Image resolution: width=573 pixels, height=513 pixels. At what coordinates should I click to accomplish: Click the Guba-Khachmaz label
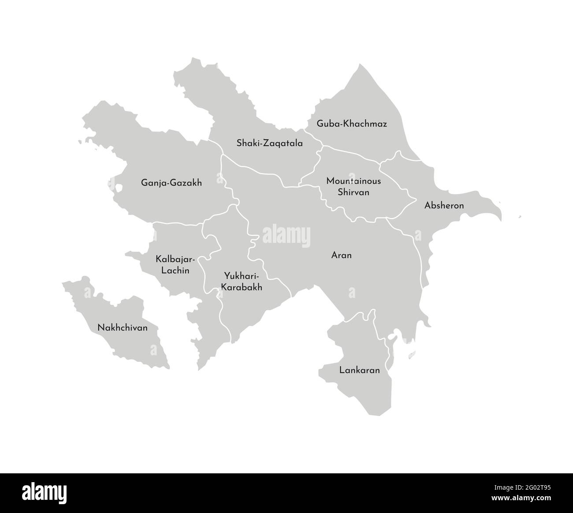coord(352,124)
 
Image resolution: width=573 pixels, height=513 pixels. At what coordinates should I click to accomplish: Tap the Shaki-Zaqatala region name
coord(269,143)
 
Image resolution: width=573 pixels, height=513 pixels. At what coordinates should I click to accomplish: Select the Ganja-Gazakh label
coord(171,182)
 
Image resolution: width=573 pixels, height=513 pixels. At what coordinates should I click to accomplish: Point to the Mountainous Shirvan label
coord(353,186)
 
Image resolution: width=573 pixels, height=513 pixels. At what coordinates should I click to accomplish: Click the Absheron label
coord(444,205)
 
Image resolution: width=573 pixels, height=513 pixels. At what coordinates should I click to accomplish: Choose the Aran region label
coord(341,255)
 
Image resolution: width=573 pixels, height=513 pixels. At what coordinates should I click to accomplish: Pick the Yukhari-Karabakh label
coord(242,282)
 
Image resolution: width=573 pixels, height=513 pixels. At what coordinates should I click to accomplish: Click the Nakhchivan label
coord(123,328)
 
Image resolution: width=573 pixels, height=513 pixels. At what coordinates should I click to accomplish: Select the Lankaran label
coord(359,370)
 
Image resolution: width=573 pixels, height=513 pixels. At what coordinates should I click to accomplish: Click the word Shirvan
coord(353,192)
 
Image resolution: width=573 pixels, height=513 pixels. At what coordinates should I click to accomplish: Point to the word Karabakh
coord(242,287)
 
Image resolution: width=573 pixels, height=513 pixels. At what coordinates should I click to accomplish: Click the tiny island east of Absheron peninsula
coord(520,216)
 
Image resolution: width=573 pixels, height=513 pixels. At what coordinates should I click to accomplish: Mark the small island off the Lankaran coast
coord(412,353)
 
